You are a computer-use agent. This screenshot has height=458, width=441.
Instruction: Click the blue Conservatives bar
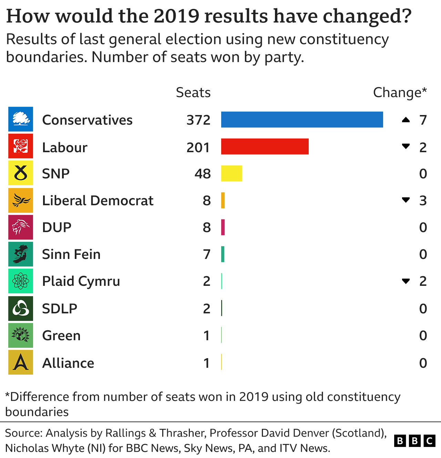coord(302,119)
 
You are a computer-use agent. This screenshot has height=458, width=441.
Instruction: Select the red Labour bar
coord(265,146)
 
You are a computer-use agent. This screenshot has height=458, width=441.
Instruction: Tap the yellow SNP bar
coord(232,173)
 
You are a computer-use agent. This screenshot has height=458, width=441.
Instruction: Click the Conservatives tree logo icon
coord(21,119)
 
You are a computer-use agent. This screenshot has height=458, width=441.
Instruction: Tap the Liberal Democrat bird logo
coord(21,200)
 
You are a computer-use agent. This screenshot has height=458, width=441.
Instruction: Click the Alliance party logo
coord(21,362)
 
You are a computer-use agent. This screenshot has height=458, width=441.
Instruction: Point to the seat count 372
coord(198,120)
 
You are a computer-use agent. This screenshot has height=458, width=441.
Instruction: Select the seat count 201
coord(198,147)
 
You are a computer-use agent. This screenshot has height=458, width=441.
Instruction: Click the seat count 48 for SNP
coord(202,174)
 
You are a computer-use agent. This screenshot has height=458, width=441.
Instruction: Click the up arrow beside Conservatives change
coord(406,120)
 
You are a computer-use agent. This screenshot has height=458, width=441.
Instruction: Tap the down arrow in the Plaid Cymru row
coord(406,281)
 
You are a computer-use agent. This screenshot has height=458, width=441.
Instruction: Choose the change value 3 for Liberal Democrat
coord(423,201)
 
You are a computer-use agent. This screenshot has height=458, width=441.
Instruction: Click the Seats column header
coord(193,93)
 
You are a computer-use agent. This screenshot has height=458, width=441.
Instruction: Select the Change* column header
coord(400,93)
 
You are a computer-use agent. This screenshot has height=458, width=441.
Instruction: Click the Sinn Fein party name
coord(71,254)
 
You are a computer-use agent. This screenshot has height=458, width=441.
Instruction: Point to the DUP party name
coord(57,228)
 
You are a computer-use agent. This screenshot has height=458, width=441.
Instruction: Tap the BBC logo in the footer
coord(414,440)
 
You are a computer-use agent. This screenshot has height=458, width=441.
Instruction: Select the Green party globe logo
coord(21,335)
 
